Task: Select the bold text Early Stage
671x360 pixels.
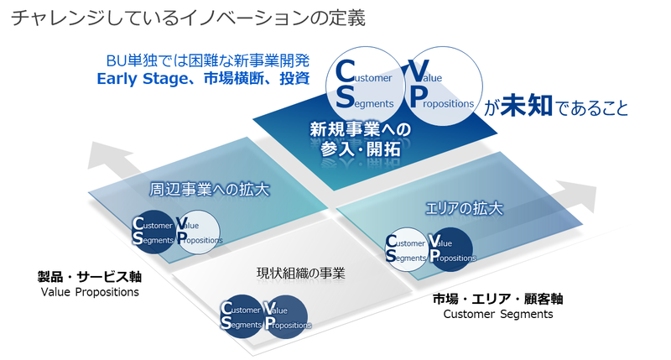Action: (x=138, y=80)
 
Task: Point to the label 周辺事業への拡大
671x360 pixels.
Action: (x=198, y=189)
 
